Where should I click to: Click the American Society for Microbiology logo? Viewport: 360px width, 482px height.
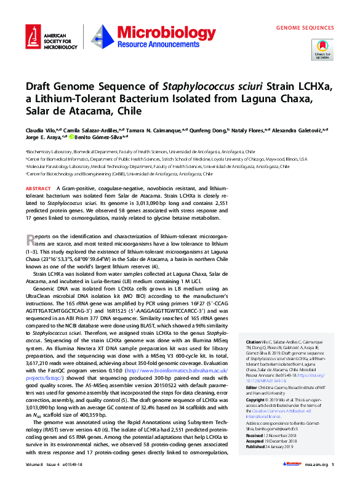tap(46, 39)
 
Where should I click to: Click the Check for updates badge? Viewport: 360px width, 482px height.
tap(323, 49)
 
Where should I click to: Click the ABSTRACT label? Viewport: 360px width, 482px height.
tap(38, 188)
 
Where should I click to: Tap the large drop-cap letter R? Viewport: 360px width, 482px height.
tap(31, 240)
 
